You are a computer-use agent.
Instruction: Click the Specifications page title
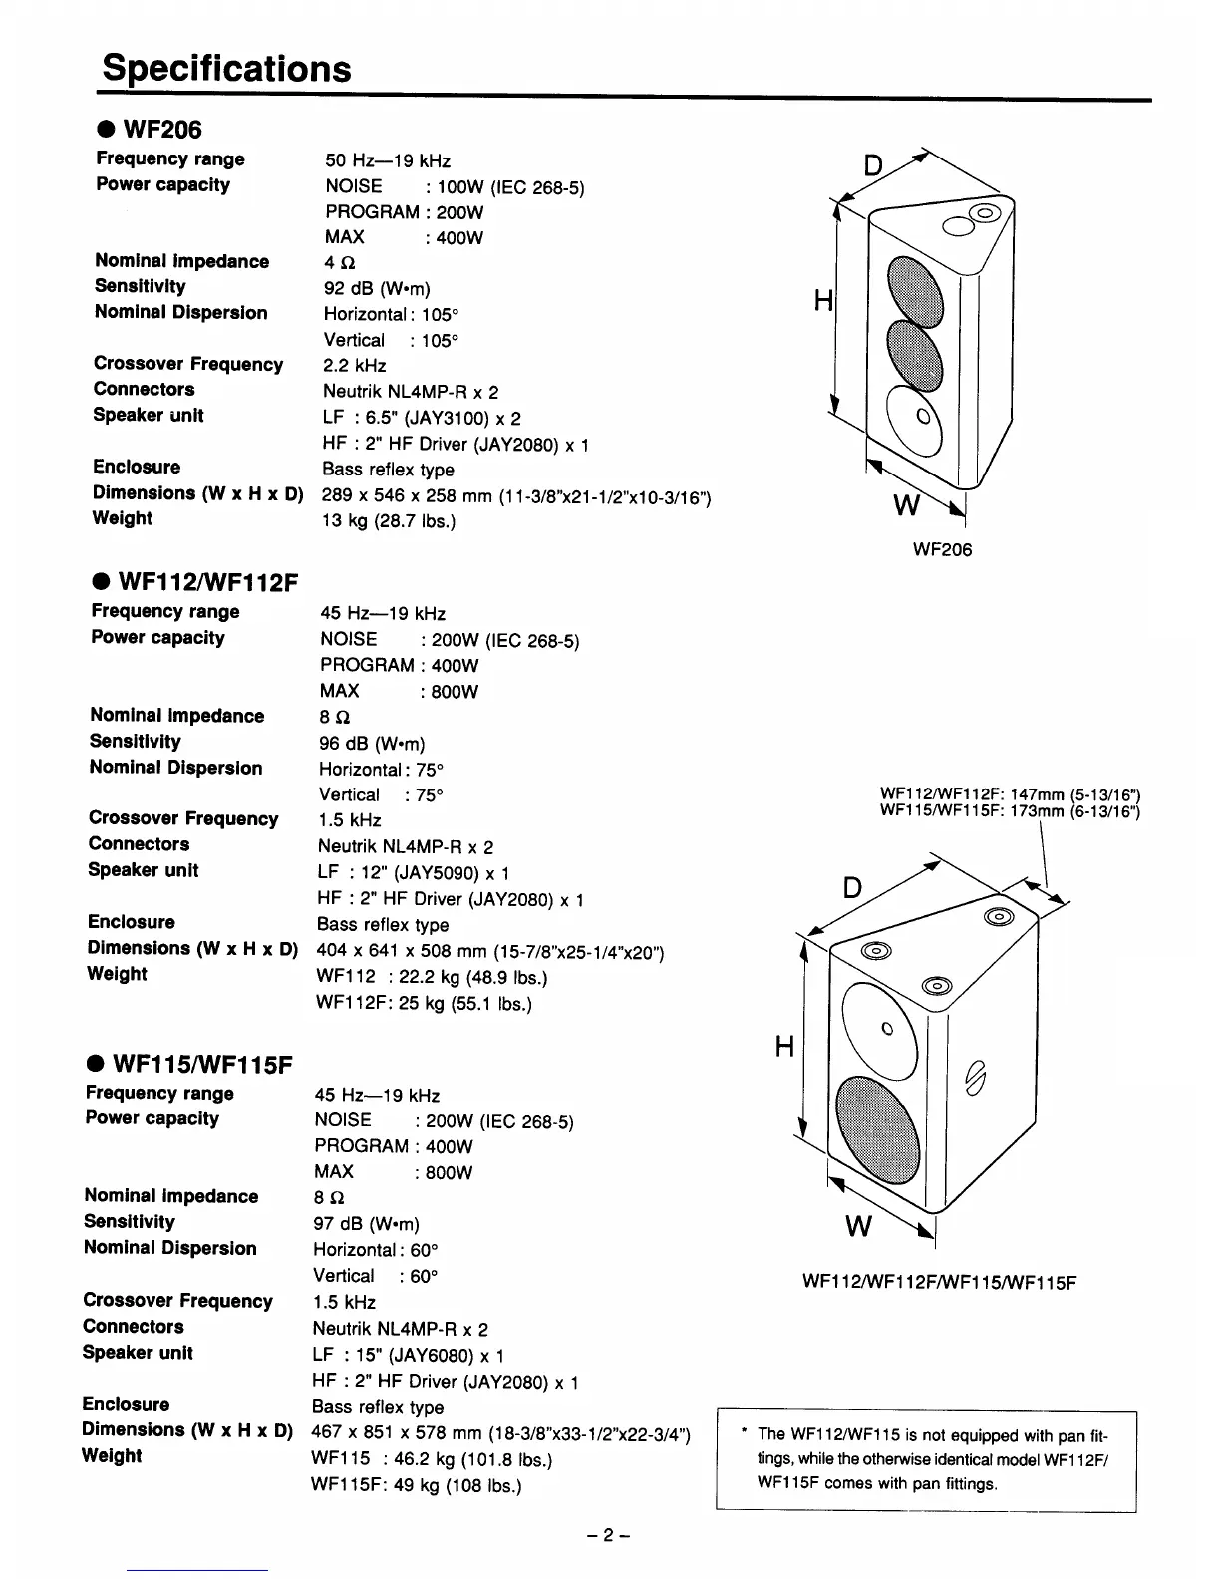click(227, 68)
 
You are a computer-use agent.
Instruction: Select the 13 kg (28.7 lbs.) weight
click(389, 521)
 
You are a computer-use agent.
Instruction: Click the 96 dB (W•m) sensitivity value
click(372, 744)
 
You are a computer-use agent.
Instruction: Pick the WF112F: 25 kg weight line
click(424, 1004)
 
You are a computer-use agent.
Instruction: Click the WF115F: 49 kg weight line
click(417, 1486)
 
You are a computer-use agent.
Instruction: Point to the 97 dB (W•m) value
click(366, 1224)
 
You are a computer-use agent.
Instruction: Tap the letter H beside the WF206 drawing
click(822, 300)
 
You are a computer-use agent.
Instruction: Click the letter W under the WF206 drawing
click(906, 506)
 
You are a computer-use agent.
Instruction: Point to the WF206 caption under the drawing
click(942, 550)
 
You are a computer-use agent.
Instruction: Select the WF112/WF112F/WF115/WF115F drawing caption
click(939, 1282)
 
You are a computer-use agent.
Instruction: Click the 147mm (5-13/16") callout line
click(1010, 794)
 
